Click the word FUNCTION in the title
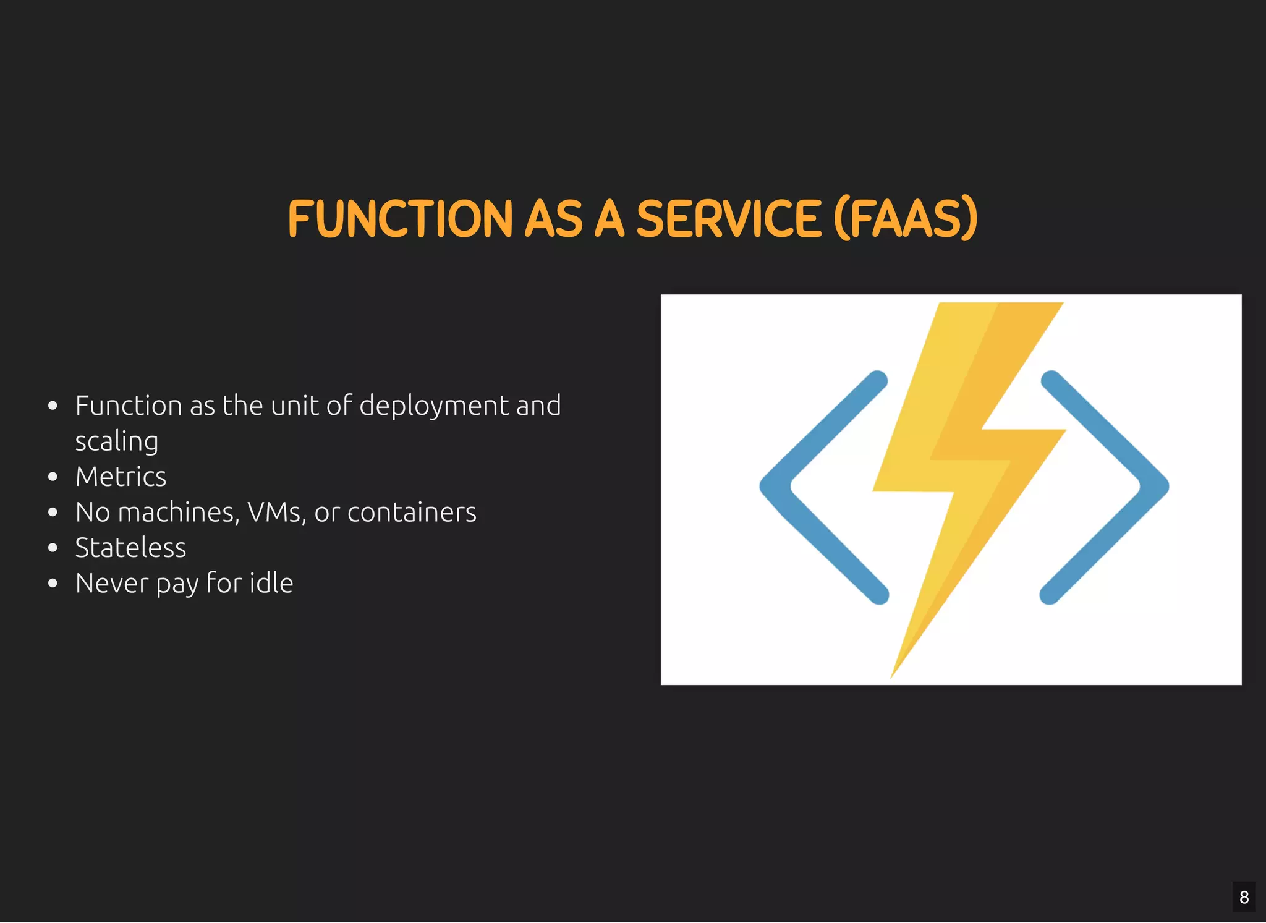click(x=400, y=219)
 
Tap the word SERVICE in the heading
click(x=729, y=219)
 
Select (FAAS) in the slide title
click(x=906, y=219)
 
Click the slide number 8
click(x=1244, y=897)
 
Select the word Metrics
click(x=121, y=477)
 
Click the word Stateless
click(x=130, y=548)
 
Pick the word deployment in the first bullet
click(x=433, y=406)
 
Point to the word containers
click(x=412, y=513)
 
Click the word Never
click(x=111, y=583)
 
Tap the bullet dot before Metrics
click(x=53, y=477)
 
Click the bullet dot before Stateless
click(x=53, y=548)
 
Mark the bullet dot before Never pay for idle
click(x=53, y=583)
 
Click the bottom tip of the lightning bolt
click(x=892, y=675)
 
